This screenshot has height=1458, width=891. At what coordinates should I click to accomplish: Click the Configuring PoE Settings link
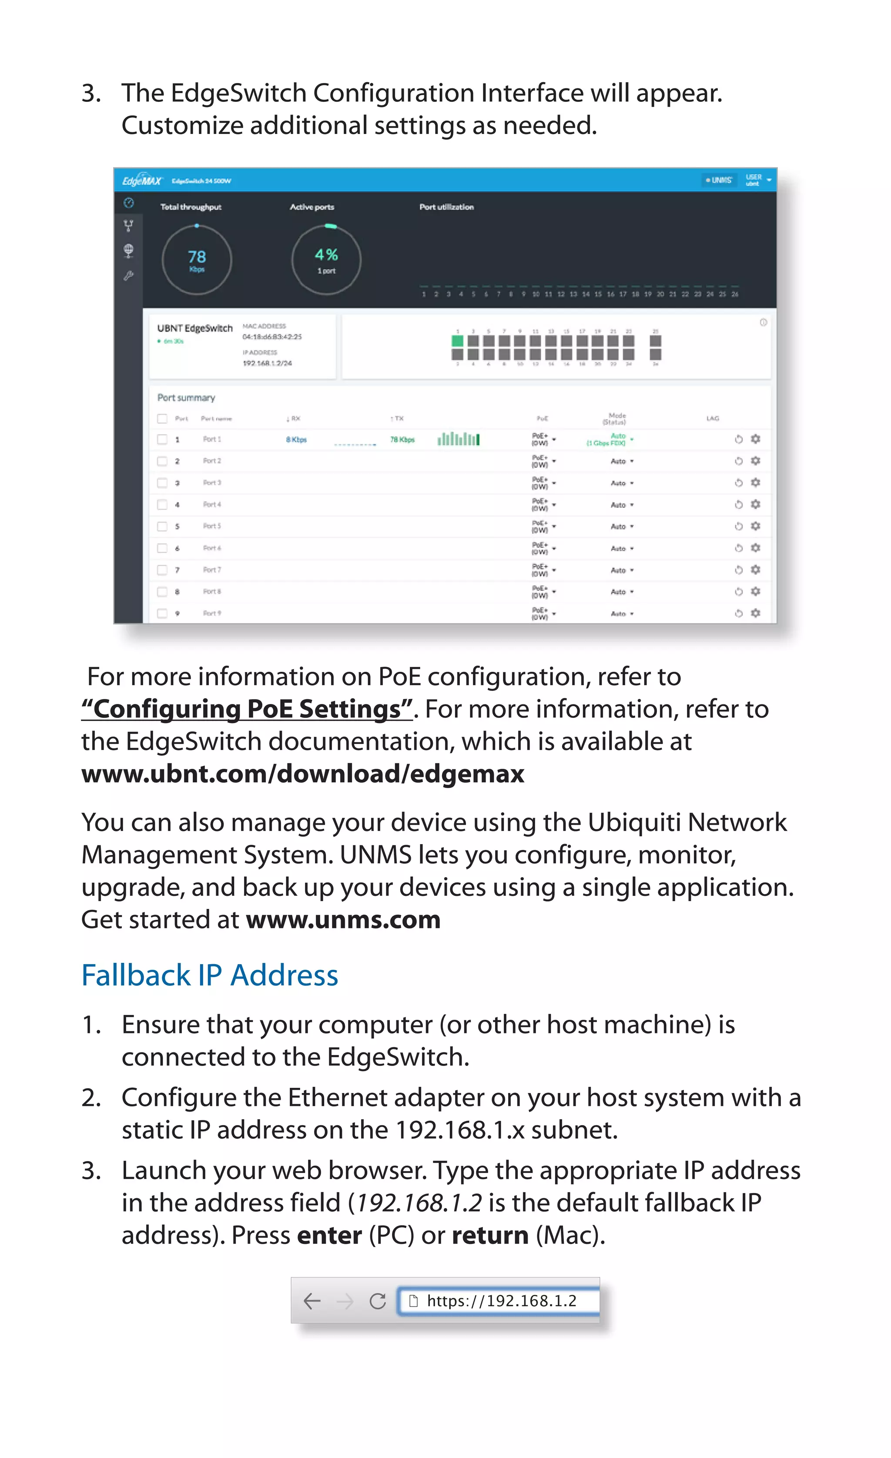247,709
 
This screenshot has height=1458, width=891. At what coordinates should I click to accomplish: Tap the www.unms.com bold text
343,919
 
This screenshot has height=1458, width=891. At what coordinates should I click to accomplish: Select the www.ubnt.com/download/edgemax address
303,774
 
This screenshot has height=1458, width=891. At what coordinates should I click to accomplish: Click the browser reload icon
378,1301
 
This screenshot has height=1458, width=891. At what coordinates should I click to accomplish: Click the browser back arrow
312,1301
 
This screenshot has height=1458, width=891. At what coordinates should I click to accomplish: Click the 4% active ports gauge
326,259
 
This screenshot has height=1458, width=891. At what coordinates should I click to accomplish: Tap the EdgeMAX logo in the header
141,181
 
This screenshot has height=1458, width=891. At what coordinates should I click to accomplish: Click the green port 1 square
457,341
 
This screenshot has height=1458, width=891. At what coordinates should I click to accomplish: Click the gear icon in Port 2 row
756,461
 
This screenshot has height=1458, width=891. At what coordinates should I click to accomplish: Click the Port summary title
186,398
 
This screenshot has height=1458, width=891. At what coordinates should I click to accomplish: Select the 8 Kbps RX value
296,439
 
